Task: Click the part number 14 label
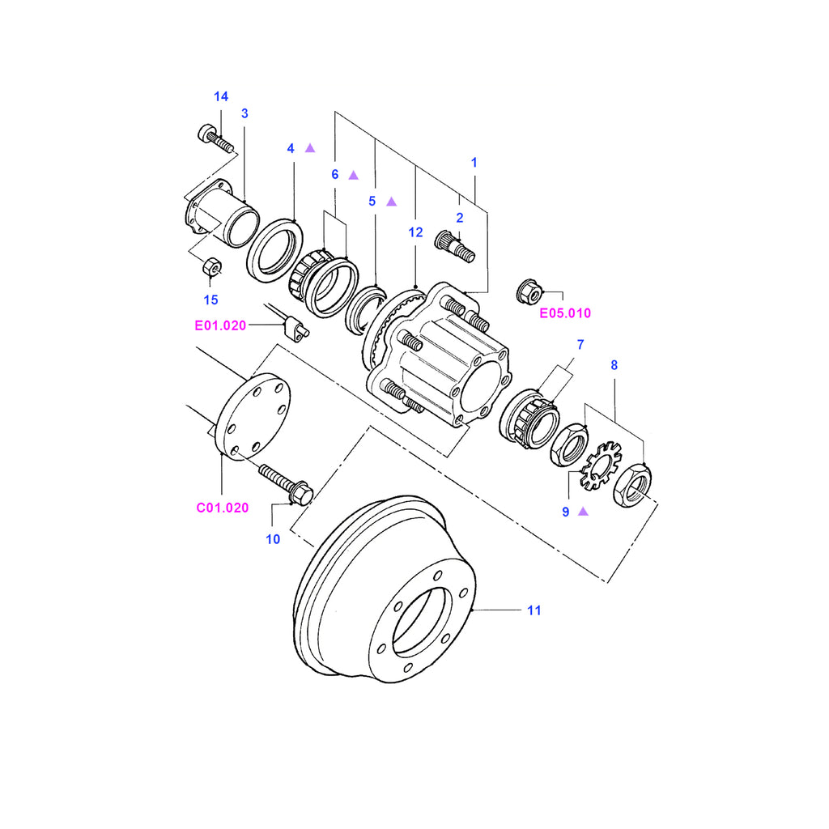pyautogui.click(x=221, y=97)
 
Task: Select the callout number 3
pyautogui.click(x=244, y=113)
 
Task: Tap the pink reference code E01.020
pyautogui.click(x=220, y=325)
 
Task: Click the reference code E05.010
pyautogui.click(x=565, y=312)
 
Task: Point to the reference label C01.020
pyautogui.click(x=222, y=508)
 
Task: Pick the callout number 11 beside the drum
pyautogui.click(x=534, y=610)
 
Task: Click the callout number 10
pyautogui.click(x=273, y=538)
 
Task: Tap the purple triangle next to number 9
pyautogui.click(x=582, y=512)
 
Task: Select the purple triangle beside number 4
pyautogui.click(x=309, y=148)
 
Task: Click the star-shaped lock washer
pyautogui.click(x=600, y=466)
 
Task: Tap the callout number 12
pyautogui.click(x=415, y=232)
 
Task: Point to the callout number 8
pyautogui.click(x=614, y=365)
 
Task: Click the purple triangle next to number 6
pyautogui.click(x=353, y=175)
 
